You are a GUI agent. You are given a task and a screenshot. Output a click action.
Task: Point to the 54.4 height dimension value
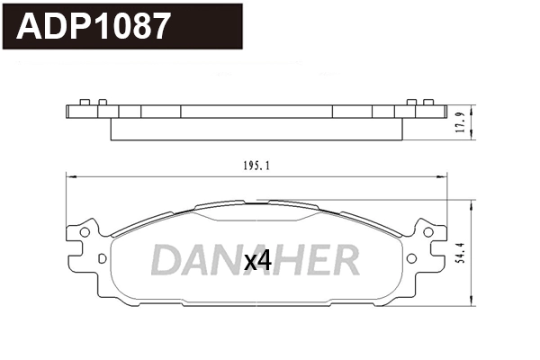tap(459, 253)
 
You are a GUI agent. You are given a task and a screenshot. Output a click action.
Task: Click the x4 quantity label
tap(258, 261)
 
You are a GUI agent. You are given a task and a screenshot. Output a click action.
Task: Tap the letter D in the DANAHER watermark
tap(166, 260)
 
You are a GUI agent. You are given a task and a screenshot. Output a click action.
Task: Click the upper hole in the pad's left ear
tap(85, 232)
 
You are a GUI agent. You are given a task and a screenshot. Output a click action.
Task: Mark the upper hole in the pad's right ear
tap(429, 232)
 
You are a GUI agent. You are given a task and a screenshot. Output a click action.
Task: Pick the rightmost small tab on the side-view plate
tap(432, 102)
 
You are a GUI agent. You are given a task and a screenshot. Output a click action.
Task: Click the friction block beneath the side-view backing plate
tap(257, 130)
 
